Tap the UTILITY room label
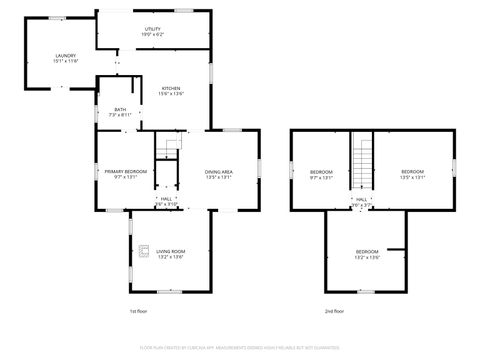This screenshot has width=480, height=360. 153,32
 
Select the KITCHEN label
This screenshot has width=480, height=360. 171,90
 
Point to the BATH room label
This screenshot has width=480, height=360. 120,112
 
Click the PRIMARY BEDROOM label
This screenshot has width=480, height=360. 127,174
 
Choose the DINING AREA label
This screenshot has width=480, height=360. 219,174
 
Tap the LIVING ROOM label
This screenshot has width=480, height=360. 171,253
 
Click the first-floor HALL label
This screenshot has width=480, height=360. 167,200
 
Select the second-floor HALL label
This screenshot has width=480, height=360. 360,200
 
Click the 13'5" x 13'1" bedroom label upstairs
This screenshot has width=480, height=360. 413,174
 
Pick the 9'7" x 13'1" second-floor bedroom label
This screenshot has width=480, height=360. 321,174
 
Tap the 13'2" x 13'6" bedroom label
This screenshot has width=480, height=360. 367,253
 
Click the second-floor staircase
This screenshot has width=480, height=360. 360,160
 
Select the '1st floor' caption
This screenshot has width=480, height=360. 139,312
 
